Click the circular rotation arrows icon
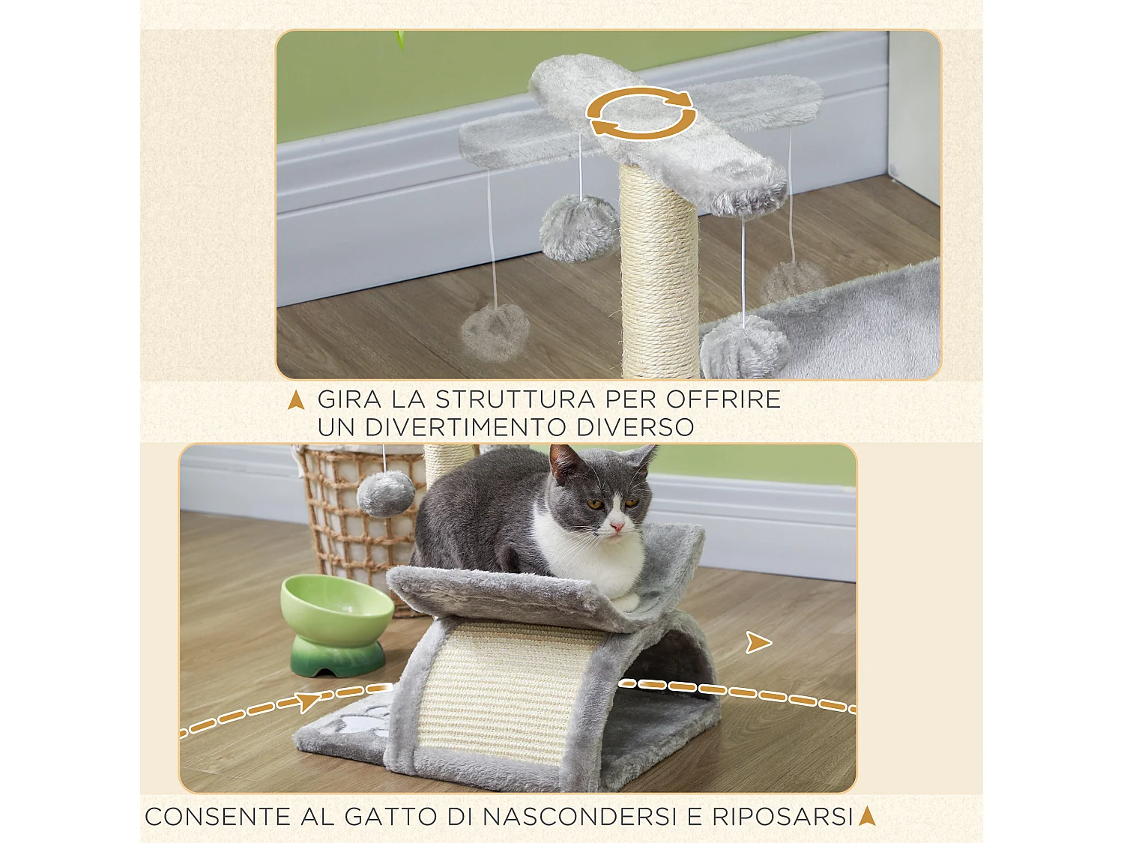(x=641, y=113)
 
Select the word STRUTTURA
(x=516, y=399)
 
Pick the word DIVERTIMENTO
(x=466, y=427)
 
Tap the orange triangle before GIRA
(x=296, y=400)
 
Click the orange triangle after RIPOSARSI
(x=867, y=815)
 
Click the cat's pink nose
(x=617, y=528)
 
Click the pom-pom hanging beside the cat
(x=385, y=493)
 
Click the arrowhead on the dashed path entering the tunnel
(x=308, y=702)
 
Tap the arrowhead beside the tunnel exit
(x=758, y=642)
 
